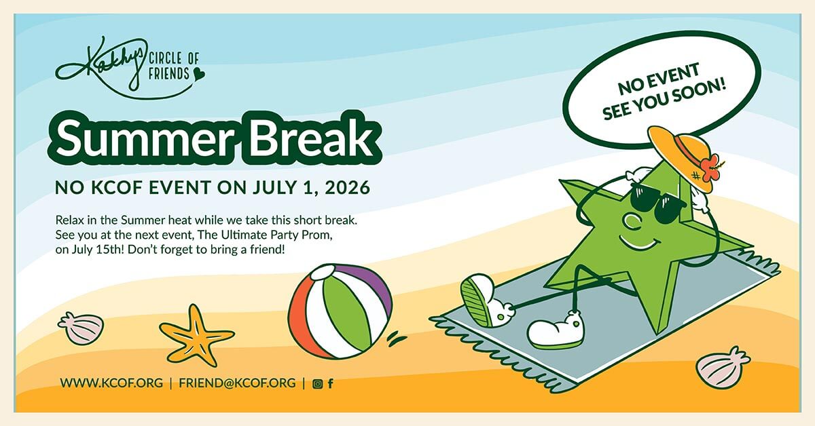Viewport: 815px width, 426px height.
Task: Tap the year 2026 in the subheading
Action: point(344,187)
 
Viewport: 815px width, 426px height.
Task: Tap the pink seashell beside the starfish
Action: point(81,328)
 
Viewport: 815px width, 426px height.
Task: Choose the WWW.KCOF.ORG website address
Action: point(111,383)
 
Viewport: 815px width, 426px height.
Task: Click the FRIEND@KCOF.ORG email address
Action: point(237,383)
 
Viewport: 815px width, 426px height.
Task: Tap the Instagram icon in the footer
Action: point(317,384)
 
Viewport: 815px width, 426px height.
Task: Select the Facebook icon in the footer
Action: point(330,384)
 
